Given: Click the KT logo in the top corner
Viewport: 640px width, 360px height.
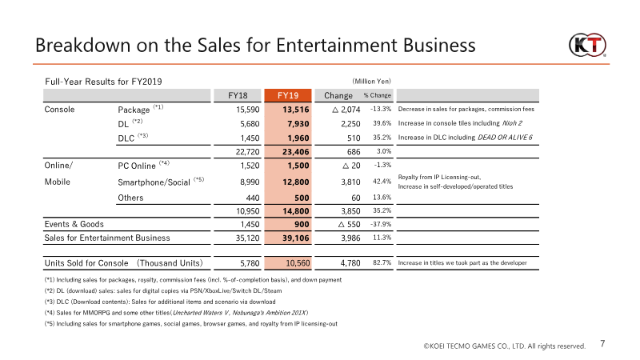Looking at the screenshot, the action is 587,45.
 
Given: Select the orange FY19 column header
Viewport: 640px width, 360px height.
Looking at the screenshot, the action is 288,95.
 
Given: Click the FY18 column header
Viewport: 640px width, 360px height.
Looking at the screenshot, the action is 238,95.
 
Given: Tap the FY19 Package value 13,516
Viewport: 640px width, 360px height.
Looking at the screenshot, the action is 295,110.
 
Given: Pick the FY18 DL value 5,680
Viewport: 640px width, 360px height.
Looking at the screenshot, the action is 250,124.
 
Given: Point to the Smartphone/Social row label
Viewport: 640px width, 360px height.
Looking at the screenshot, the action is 154,182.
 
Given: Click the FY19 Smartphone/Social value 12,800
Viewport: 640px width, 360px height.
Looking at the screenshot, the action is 295,182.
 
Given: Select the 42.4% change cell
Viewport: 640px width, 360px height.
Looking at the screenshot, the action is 382,182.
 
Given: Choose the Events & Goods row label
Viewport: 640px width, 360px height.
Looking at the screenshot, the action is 74,224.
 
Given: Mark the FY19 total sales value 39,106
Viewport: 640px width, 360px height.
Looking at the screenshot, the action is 295,238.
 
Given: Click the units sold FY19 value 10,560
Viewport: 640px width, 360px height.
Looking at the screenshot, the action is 298,263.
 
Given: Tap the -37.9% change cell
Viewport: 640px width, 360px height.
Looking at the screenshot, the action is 382,224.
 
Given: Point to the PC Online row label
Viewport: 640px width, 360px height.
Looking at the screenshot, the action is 137,166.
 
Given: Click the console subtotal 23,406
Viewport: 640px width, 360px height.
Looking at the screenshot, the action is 295,152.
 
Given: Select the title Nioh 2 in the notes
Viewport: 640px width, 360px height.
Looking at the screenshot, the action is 512,123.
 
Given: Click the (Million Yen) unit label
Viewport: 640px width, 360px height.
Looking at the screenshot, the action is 371,82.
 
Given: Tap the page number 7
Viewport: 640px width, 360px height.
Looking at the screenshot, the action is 602,344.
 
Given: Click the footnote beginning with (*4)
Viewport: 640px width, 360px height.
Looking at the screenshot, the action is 176,313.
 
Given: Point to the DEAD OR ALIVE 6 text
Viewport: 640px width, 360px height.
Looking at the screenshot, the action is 505,138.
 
